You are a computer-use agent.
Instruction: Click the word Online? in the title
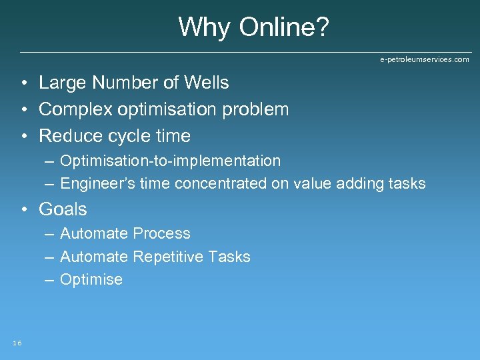coord(284,27)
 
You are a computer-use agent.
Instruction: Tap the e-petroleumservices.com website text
coord(425,59)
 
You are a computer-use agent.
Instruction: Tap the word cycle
coord(127,136)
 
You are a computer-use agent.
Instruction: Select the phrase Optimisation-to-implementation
coord(170,161)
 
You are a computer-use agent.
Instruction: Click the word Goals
coord(63,209)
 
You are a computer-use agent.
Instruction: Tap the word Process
coord(161,233)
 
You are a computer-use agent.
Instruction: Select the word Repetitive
coord(171,257)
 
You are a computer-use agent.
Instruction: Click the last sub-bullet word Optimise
coord(91,279)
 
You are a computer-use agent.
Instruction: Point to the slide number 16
coord(17,343)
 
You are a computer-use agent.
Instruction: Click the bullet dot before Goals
coord(24,210)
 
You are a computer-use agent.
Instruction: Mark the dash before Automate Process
coord(50,234)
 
